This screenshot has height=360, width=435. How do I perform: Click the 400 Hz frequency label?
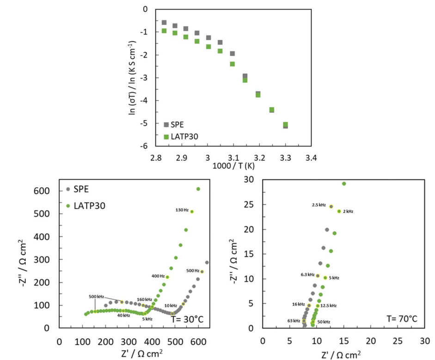tap(158, 276)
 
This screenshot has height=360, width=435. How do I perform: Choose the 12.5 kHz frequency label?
tap(328, 305)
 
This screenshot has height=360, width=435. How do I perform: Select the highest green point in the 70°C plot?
tap(344, 183)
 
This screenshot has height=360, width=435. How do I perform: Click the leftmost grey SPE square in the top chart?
tap(164, 22)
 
